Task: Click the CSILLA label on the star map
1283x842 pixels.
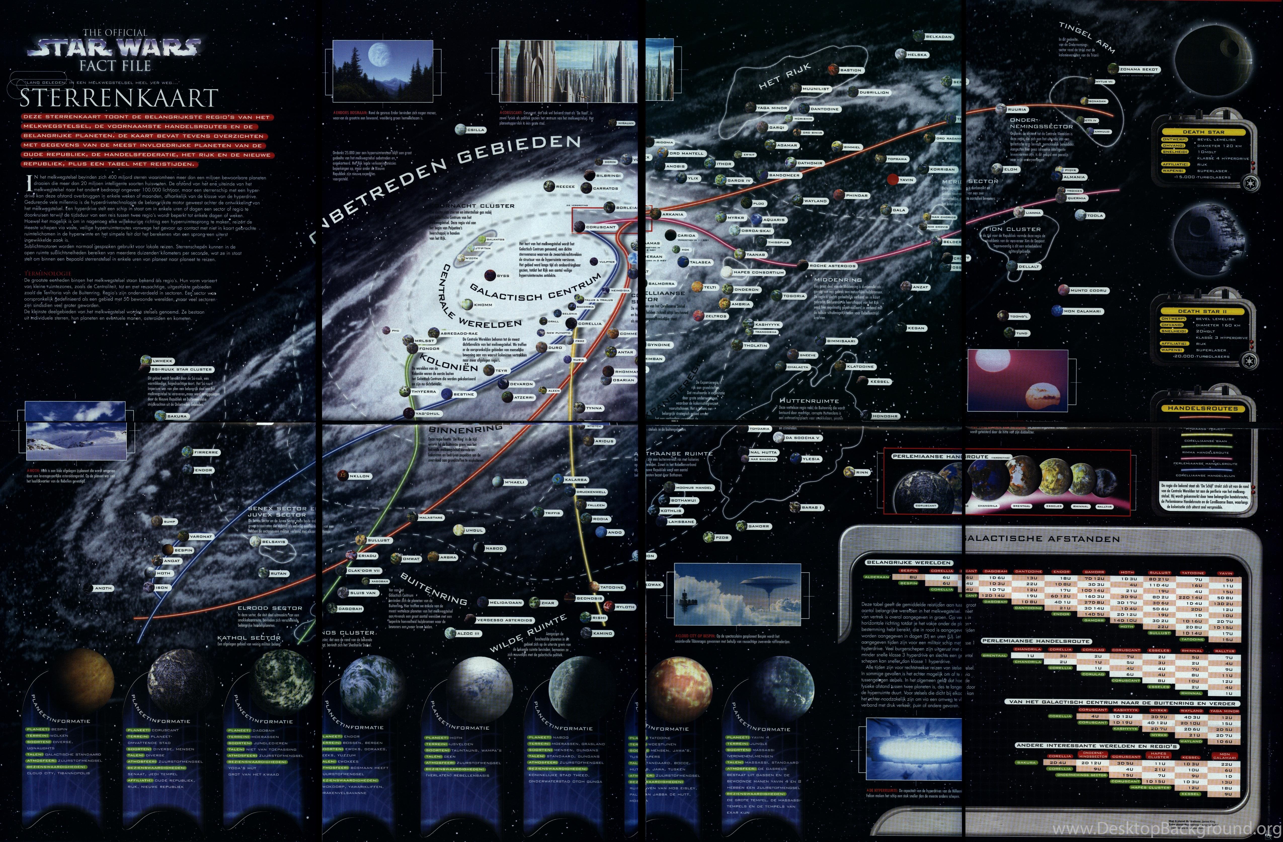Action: [475, 130]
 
